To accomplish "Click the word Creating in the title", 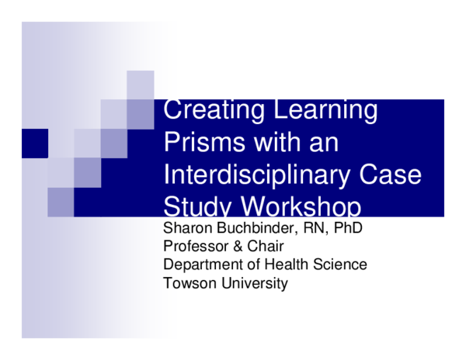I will click(213, 110).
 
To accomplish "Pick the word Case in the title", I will click(391, 175).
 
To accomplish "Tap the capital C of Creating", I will click(172, 110).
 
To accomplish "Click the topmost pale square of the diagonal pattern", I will click(141, 85).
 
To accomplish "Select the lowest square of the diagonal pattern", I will click(61, 202).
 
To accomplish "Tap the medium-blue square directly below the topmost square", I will click(141, 113).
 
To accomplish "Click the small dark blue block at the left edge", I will click(34, 143).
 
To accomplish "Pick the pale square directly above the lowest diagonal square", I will click(61, 172).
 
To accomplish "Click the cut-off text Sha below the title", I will click(174, 229).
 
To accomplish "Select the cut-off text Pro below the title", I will click(174, 247).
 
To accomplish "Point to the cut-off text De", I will click(172, 264).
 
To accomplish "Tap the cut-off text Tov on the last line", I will click(174, 282).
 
